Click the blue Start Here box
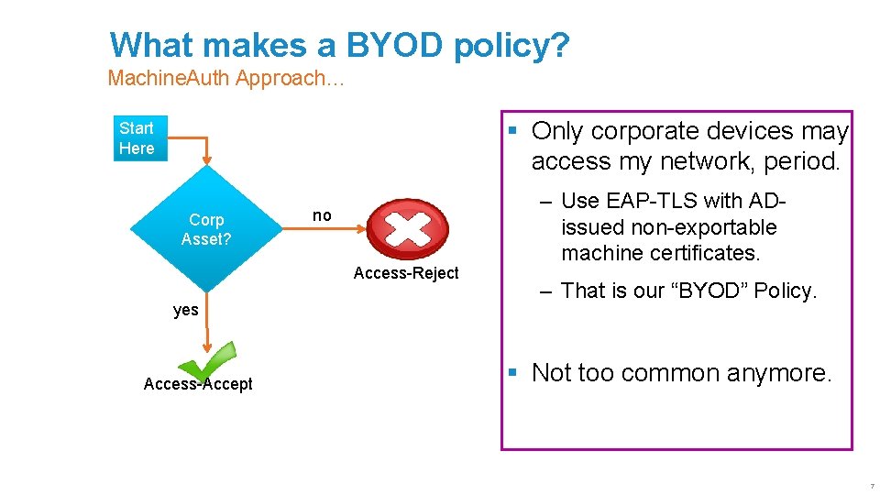click(x=140, y=138)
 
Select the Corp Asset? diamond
click(x=206, y=229)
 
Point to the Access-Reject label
click(x=406, y=273)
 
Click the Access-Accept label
click(x=198, y=384)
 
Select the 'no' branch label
click(x=322, y=215)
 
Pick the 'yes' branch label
click(x=186, y=310)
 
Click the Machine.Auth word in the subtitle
click(x=168, y=78)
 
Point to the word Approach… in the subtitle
click(x=290, y=78)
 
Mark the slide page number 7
click(x=872, y=485)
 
